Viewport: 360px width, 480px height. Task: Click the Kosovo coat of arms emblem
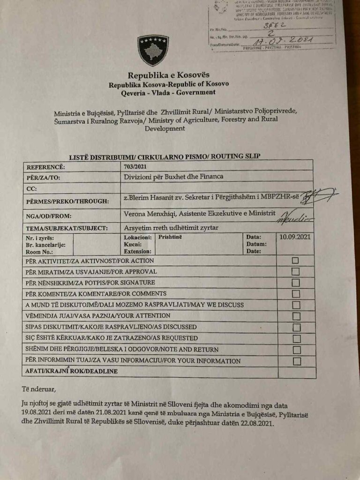[x=153, y=51]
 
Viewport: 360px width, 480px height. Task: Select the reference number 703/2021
[x=135, y=166]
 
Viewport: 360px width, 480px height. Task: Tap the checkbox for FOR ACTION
[x=295, y=261]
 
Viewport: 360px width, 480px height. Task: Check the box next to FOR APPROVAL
[x=295, y=271]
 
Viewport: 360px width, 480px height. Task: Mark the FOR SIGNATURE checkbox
[x=295, y=283]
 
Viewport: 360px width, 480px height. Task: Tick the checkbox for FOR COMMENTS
[x=296, y=294]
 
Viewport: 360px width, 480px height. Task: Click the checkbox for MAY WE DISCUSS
[x=296, y=305]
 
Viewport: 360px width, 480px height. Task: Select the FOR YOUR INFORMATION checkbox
[x=296, y=361]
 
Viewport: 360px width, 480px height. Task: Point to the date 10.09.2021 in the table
[x=296, y=238]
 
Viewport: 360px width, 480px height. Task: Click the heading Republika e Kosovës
[x=169, y=75]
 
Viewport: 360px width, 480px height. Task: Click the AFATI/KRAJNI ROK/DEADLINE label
[x=70, y=372]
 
